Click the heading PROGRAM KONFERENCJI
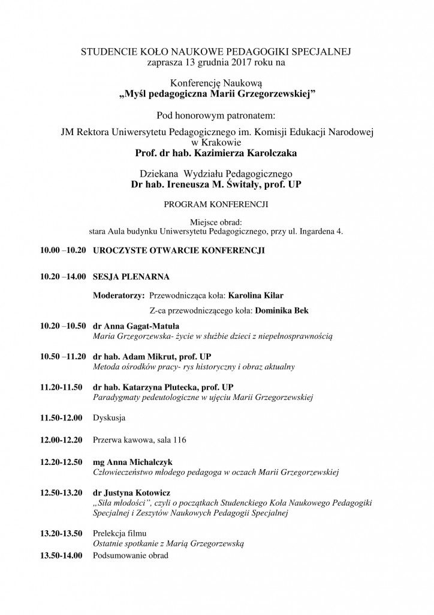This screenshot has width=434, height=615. point(216,204)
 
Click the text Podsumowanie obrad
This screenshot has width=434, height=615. point(131,555)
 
